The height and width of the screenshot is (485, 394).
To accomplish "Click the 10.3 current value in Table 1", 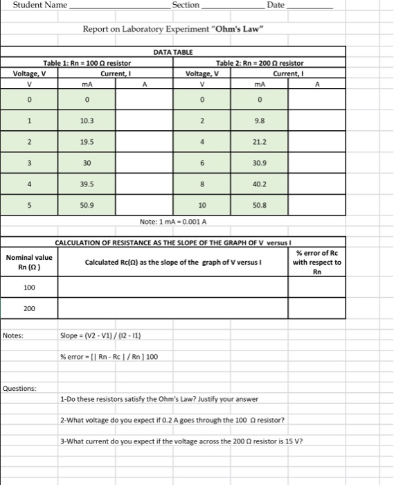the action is point(87,121).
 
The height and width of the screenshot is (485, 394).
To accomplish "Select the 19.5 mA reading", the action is point(87,142).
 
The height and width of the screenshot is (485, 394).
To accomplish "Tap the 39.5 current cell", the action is point(87,185).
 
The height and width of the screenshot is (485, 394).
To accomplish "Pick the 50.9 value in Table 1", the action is point(87,206).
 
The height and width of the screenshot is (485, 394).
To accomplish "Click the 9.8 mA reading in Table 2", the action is point(260,121).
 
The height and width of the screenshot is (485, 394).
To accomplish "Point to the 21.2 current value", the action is point(260,142).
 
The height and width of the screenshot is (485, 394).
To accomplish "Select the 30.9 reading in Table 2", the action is point(260,164).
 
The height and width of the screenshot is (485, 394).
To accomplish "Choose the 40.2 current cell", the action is point(260,185).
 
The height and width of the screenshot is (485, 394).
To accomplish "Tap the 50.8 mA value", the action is point(260,206).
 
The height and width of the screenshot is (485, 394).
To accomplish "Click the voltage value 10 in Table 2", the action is point(202,206).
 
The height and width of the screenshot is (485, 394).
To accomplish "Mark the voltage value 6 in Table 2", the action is point(202,164).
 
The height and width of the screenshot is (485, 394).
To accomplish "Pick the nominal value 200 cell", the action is point(29,308).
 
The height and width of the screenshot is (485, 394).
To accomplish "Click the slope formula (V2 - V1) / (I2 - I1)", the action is point(102,337).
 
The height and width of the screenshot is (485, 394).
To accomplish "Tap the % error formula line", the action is point(109,356).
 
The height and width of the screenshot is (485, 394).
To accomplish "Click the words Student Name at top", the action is point(39,6).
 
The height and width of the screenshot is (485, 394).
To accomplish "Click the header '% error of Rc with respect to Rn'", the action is point(317,263).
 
